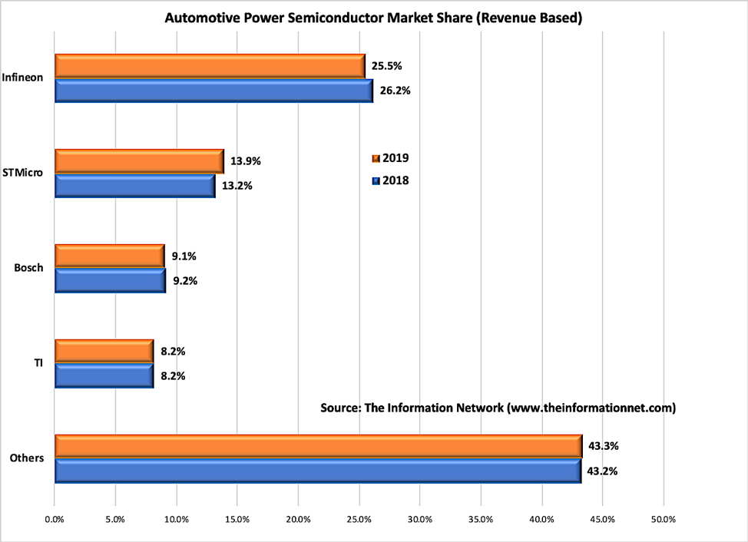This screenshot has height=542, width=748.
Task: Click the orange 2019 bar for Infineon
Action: (x=210, y=66)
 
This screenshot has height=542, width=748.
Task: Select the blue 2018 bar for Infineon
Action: (x=213, y=91)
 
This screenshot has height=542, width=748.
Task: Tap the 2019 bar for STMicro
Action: (x=139, y=161)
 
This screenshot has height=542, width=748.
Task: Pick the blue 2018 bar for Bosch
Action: (x=110, y=281)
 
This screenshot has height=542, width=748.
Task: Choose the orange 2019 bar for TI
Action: (x=104, y=352)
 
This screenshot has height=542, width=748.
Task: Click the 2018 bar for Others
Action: (x=317, y=471)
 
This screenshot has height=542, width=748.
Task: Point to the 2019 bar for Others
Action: (x=318, y=446)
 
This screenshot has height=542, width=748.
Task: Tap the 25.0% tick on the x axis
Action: (x=359, y=520)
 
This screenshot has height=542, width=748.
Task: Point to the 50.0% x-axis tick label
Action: (x=663, y=520)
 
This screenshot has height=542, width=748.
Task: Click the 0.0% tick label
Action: (x=55, y=520)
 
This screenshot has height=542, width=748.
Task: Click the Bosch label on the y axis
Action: (x=28, y=269)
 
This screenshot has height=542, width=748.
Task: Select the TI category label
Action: (x=38, y=363)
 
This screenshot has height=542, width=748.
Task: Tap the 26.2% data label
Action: (x=396, y=91)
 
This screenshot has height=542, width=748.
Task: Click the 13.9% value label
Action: (x=246, y=161)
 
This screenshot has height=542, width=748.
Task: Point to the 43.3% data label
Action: (x=604, y=446)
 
